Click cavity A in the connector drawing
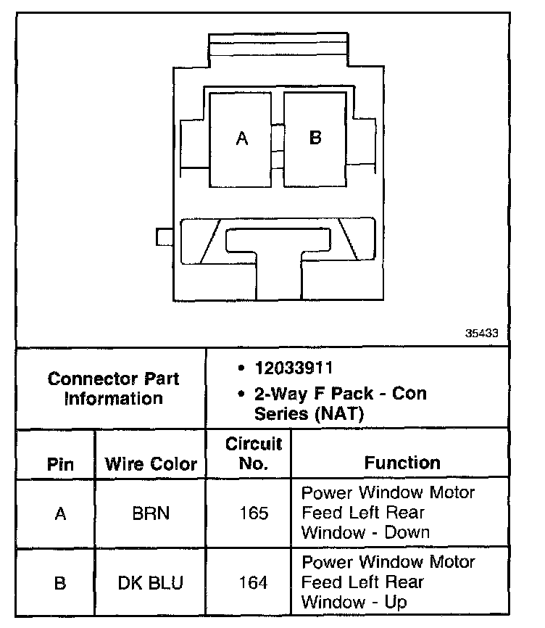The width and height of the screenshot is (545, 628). click(242, 138)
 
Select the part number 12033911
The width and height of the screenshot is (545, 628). click(293, 368)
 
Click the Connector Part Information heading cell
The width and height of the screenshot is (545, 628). click(113, 388)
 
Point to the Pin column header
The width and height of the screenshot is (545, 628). click(60, 464)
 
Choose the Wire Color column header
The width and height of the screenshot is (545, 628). click(151, 464)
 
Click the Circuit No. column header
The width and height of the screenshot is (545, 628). click(253, 453)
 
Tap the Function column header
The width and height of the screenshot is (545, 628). click(402, 463)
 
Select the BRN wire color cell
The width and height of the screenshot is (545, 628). click(151, 513)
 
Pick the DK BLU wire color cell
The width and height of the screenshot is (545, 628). click(151, 582)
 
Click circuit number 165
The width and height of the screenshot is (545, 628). click(253, 513)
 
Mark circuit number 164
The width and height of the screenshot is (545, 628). click(253, 582)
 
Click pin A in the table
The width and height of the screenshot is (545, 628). click(60, 513)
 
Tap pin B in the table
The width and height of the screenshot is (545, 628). click(60, 582)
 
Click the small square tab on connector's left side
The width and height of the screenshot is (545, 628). click(164, 236)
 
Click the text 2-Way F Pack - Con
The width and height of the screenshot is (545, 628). click(340, 394)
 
